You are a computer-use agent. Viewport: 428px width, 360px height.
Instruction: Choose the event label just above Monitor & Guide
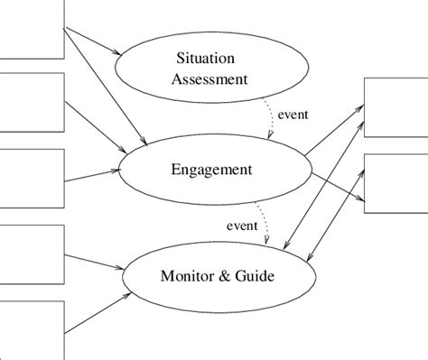241,225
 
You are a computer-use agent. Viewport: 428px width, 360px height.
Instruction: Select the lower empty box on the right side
395,182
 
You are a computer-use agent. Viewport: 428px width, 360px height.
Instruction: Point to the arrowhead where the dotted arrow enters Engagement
268,136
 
